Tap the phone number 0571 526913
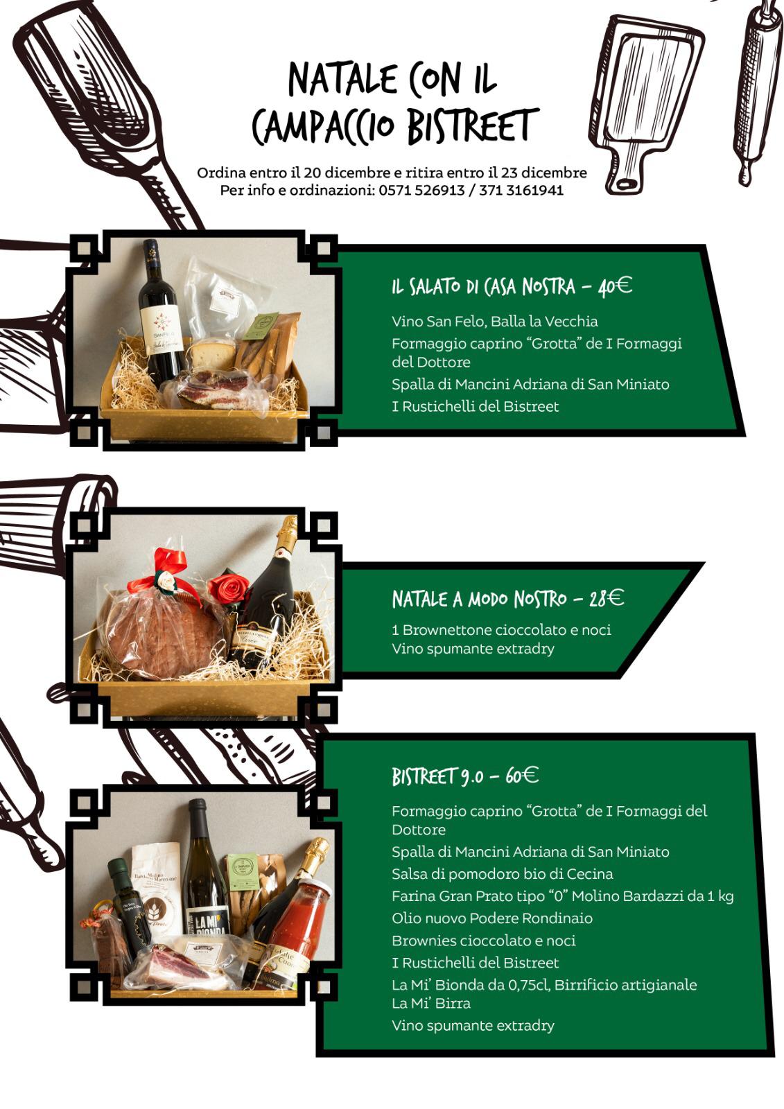coord(422,190)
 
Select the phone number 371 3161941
coord(521,190)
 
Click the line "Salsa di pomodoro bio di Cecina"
coord(502,874)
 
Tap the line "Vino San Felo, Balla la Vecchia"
coord(494,322)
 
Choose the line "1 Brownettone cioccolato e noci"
coord(501,630)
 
